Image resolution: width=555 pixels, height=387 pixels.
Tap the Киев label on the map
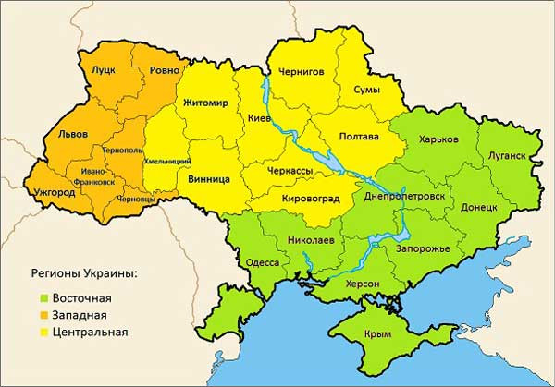pos(260,119)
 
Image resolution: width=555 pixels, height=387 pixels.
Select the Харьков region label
pos(438,139)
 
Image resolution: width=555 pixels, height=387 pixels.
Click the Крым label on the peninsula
pos(378,334)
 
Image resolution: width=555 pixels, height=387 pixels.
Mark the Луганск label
pos(503,156)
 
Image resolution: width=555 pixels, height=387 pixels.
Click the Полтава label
pos(360,137)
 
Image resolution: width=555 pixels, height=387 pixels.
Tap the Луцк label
pos(102,69)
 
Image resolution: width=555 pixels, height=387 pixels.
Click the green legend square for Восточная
pos(44,298)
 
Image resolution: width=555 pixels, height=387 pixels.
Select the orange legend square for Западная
pos(44,315)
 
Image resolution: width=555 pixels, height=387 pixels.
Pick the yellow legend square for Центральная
pos(44,332)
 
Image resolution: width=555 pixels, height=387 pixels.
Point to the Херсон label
pos(364,284)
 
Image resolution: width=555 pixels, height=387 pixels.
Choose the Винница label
pos(209,179)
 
